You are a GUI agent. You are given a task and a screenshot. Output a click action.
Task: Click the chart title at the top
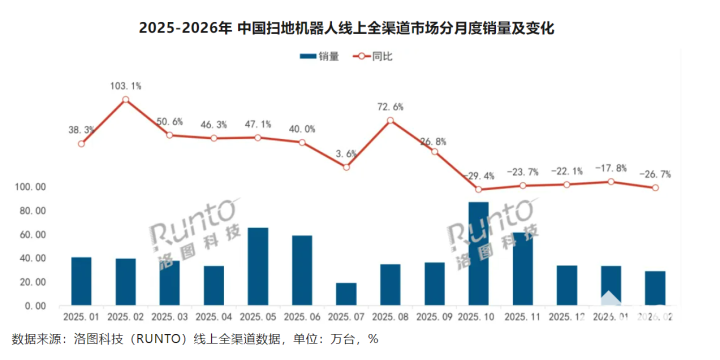point(360,29)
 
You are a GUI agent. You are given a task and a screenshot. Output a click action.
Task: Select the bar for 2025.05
point(258,267)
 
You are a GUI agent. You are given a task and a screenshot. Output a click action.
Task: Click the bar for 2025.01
point(82,281)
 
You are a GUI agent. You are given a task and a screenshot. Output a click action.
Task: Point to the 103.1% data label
point(126,86)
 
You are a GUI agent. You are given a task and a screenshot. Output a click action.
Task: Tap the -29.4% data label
point(479,175)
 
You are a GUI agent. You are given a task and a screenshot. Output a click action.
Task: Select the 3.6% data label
point(346,153)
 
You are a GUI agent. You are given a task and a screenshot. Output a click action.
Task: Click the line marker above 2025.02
point(126,100)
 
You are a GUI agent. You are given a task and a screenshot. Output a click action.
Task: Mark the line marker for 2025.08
point(390,120)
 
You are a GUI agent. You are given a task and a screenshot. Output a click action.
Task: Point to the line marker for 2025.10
point(479,189)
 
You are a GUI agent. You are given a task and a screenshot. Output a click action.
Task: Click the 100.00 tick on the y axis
point(30,187)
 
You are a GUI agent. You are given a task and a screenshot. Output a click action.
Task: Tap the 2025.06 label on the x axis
point(302,317)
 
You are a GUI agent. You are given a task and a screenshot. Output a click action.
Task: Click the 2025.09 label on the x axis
point(434,317)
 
